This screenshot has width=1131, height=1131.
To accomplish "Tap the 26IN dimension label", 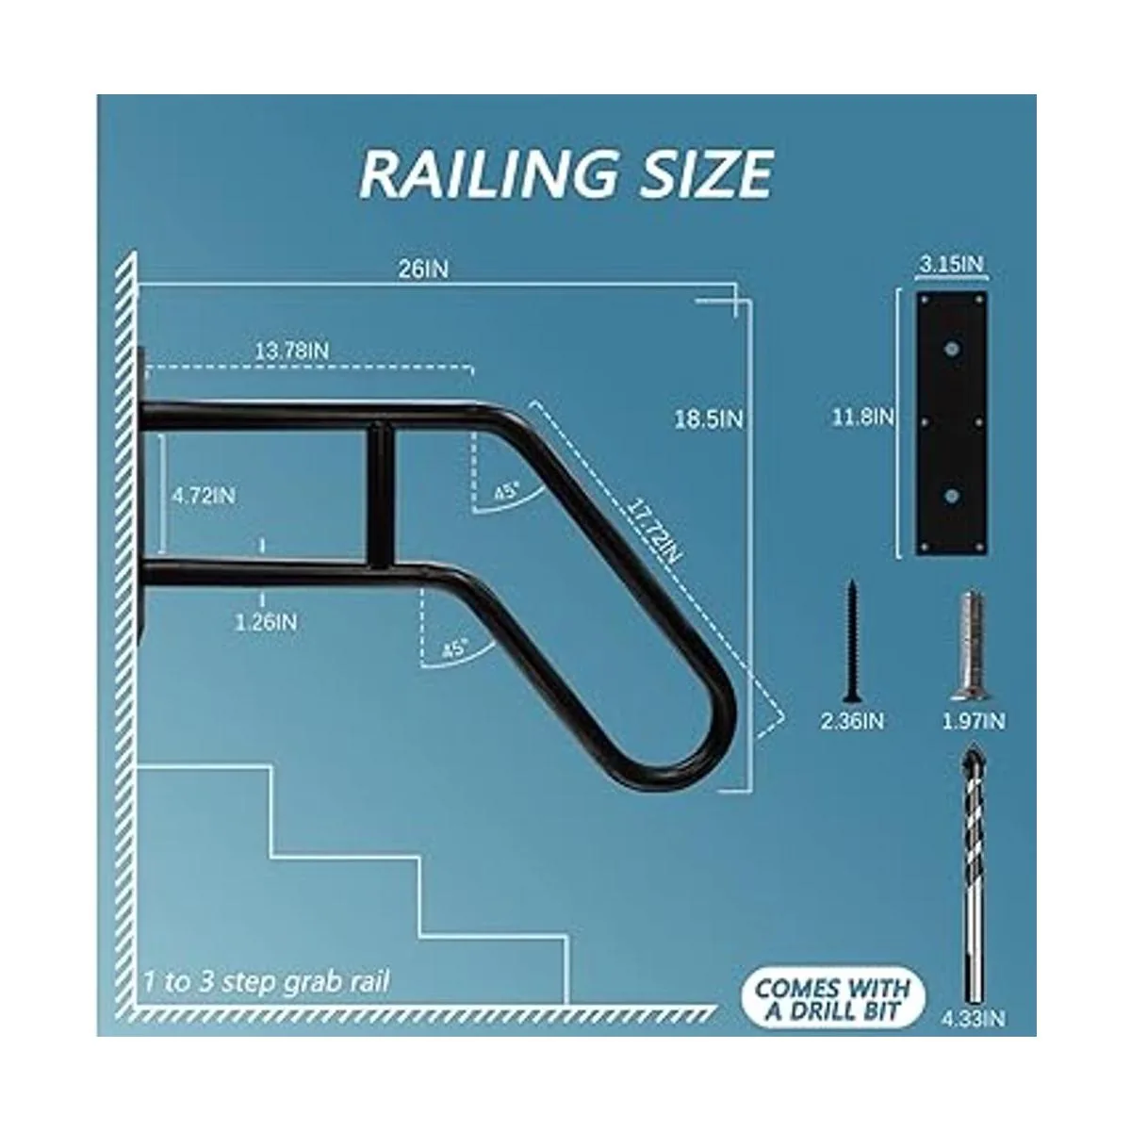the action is (x=423, y=270).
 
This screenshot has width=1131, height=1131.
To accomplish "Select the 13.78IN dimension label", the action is (x=291, y=351).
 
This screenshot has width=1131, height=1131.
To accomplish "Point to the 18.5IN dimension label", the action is (x=709, y=419).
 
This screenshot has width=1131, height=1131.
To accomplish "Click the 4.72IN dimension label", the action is (x=203, y=496).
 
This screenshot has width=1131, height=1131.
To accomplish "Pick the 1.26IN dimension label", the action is (x=266, y=622).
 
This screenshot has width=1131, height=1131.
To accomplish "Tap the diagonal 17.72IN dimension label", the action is (x=654, y=530).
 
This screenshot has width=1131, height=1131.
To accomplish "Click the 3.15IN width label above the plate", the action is (x=951, y=264).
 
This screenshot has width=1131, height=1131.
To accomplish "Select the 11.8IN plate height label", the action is (x=863, y=418).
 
